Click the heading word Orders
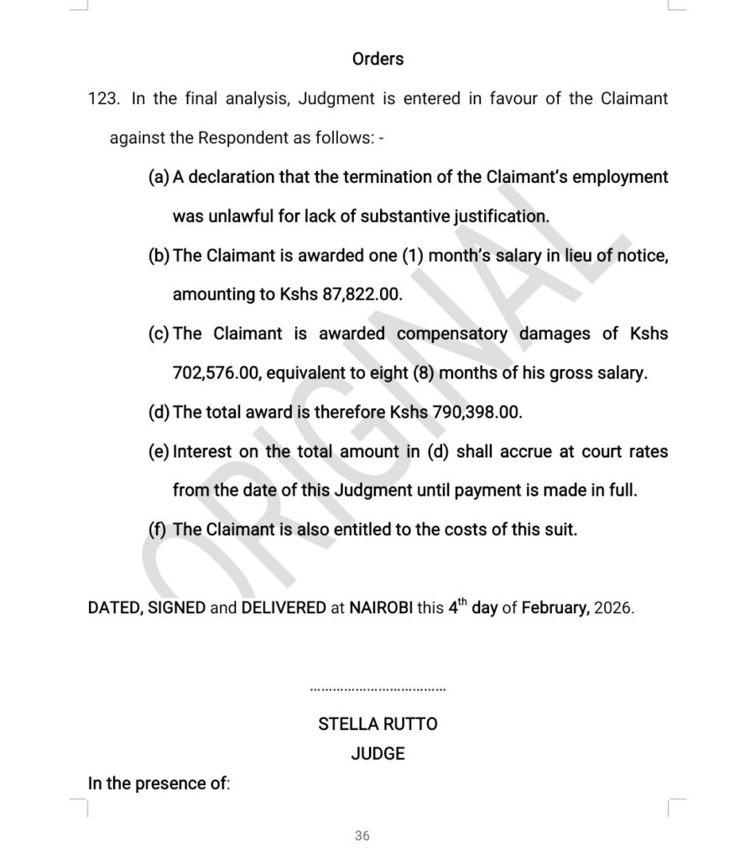(378, 59)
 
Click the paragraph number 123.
(106, 99)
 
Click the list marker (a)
(159, 177)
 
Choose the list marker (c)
(159, 334)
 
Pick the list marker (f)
(158, 529)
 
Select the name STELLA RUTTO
(378, 723)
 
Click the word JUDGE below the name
(378, 753)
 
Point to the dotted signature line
(378, 690)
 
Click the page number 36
(362, 836)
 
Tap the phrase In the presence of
(158, 784)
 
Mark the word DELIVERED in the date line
(283, 608)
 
